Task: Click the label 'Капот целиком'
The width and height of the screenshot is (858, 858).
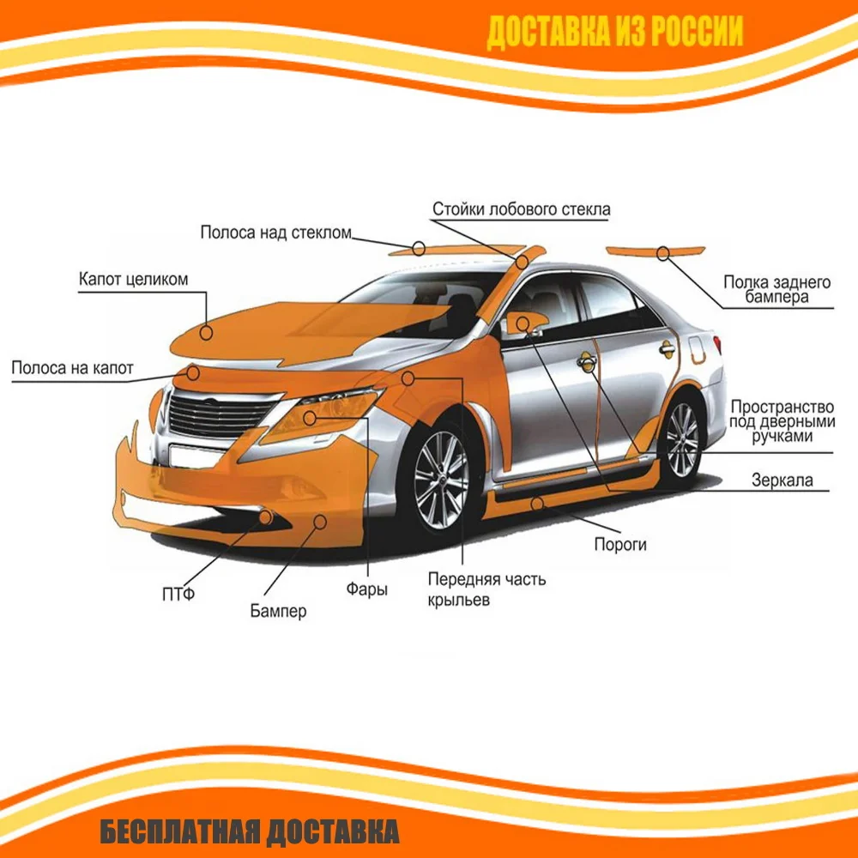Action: tap(133, 280)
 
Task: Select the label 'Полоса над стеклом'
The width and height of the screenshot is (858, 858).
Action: tap(276, 233)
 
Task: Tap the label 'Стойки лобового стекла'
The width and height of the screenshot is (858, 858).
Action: tap(521, 209)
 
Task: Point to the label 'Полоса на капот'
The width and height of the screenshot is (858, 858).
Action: tap(73, 368)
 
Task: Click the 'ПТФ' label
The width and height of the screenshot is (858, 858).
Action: tap(178, 592)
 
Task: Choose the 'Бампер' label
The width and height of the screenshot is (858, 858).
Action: tap(278, 611)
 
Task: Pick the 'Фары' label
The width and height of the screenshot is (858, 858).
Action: tap(366, 589)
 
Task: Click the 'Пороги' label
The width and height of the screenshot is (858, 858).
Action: tap(620, 544)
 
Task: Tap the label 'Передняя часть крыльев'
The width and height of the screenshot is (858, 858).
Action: tap(486, 589)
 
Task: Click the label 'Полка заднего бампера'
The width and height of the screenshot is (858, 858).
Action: tap(776, 290)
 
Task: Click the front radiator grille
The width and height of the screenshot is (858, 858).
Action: tap(221, 416)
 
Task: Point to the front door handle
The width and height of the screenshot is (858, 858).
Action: tap(586, 361)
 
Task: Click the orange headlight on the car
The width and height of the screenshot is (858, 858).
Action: tap(326, 414)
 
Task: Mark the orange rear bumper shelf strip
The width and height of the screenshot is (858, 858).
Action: tap(656, 251)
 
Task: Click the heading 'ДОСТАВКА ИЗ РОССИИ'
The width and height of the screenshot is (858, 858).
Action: tap(614, 33)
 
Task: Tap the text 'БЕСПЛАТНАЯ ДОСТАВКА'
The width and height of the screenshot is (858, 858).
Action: tap(249, 831)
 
